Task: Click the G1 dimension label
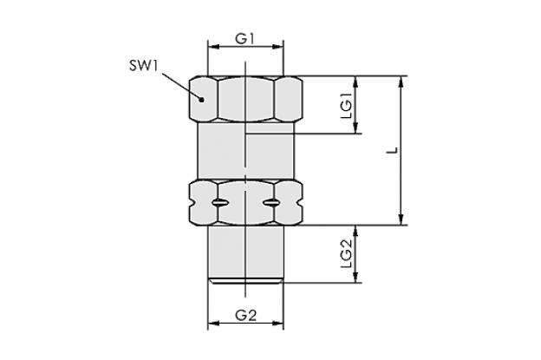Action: [244, 38]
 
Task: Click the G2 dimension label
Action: [245, 315]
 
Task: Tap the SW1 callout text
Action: [144, 65]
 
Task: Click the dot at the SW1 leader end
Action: [202, 100]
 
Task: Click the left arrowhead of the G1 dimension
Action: [212, 47]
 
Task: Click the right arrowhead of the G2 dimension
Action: [278, 323]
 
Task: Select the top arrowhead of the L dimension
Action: [401, 82]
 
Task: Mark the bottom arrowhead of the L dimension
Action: [401, 219]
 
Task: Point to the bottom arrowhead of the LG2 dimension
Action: [355, 277]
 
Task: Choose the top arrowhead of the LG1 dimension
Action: [355, 82]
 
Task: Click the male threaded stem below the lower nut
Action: [245, 252]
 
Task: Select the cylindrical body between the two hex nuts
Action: [245, 151]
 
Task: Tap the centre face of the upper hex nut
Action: [246, 99]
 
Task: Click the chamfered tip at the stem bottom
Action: [245, 281]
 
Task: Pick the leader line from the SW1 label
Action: [180, 86]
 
